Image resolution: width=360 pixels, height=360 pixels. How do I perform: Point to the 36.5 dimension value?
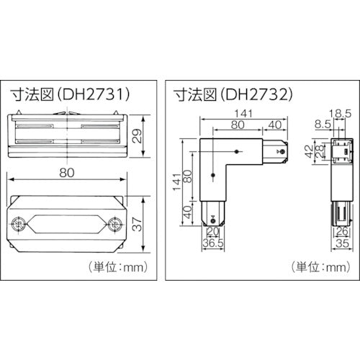tap(213, 244)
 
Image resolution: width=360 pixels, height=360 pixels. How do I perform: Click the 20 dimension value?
tap(213, 233)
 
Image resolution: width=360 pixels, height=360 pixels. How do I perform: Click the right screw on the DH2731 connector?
tap(114, 224)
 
